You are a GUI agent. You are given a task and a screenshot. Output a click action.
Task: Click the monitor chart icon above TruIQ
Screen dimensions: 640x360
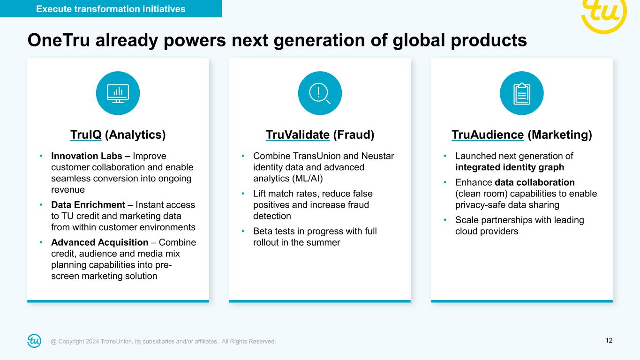118,93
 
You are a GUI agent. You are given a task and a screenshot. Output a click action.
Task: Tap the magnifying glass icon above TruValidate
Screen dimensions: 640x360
320,93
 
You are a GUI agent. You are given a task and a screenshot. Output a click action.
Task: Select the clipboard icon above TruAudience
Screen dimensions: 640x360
522,94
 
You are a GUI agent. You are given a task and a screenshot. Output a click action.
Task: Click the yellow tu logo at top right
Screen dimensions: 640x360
604,14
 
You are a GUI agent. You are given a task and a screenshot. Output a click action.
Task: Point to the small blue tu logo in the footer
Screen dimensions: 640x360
34,341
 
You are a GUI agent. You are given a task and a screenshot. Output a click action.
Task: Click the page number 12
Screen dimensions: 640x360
609,340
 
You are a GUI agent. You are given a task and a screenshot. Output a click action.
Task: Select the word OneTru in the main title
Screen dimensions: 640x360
59,40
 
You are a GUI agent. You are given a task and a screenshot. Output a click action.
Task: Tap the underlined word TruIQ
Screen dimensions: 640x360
86,135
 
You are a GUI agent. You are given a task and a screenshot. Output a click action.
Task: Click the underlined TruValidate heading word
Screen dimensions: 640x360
297,135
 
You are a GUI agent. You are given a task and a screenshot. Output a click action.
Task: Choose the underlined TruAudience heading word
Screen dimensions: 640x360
488,135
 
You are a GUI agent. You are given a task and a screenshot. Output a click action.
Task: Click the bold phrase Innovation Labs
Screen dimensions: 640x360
87,156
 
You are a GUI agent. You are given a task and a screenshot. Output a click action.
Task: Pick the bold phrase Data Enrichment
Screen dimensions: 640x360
88,204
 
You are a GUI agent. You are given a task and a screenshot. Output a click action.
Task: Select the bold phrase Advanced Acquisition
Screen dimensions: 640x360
100,242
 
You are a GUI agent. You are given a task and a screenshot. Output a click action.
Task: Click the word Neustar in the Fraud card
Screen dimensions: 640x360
377,156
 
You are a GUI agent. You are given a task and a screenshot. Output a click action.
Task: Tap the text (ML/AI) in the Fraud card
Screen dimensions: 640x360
308,178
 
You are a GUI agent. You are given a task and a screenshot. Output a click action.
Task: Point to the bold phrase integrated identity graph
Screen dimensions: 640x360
510,167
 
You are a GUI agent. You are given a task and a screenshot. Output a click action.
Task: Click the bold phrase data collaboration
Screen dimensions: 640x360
535,182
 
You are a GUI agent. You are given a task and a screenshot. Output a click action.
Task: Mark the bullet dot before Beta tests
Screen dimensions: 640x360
243,231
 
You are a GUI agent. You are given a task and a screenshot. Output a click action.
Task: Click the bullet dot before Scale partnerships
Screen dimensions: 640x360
445,220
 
